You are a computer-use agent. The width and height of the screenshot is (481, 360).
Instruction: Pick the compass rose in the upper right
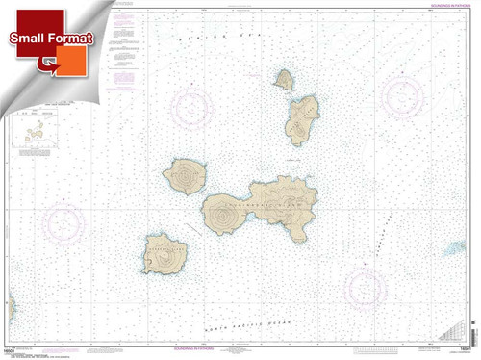(402, 96)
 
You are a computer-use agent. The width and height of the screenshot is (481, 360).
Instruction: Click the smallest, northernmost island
(284, 79)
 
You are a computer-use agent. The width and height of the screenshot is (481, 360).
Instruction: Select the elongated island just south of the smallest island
(301, 119)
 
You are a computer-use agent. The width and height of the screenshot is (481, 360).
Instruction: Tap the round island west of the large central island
(185, 176)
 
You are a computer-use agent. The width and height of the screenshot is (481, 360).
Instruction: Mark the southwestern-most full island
(165, 255)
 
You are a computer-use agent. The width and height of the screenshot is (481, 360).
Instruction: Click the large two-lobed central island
(260, 206)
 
